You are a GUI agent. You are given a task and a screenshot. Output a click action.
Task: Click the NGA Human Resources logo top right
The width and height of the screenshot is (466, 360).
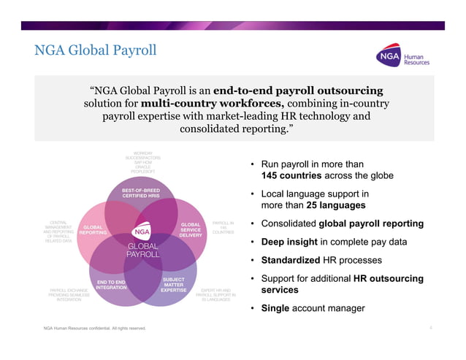click(402, 58)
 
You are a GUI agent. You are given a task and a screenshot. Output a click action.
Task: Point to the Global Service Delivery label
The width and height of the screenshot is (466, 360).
click(190, 230)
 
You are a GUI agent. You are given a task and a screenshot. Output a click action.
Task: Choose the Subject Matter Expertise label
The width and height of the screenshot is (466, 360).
click(173, 285)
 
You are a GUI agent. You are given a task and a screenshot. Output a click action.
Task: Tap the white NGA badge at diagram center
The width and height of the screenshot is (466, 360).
click(143, 234)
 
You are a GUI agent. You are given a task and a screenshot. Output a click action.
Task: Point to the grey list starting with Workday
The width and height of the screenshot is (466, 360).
click(143, 162)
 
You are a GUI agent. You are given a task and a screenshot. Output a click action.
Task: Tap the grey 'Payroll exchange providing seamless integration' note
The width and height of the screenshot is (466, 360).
click(59, 295)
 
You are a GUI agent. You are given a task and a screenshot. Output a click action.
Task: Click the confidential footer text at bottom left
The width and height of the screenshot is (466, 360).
click(94, 329)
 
